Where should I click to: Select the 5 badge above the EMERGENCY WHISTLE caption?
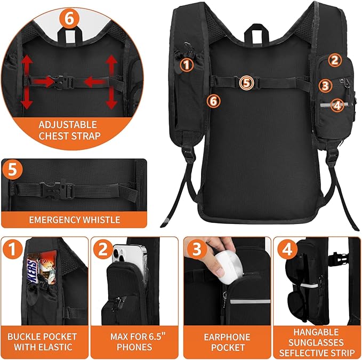[13, 171]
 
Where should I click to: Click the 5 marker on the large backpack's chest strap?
[245, 82]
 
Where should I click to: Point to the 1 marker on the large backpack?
[186, 65]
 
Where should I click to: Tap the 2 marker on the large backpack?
[334, 60]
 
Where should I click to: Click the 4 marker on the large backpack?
[336, 105]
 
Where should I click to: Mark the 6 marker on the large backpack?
[213, 100]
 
